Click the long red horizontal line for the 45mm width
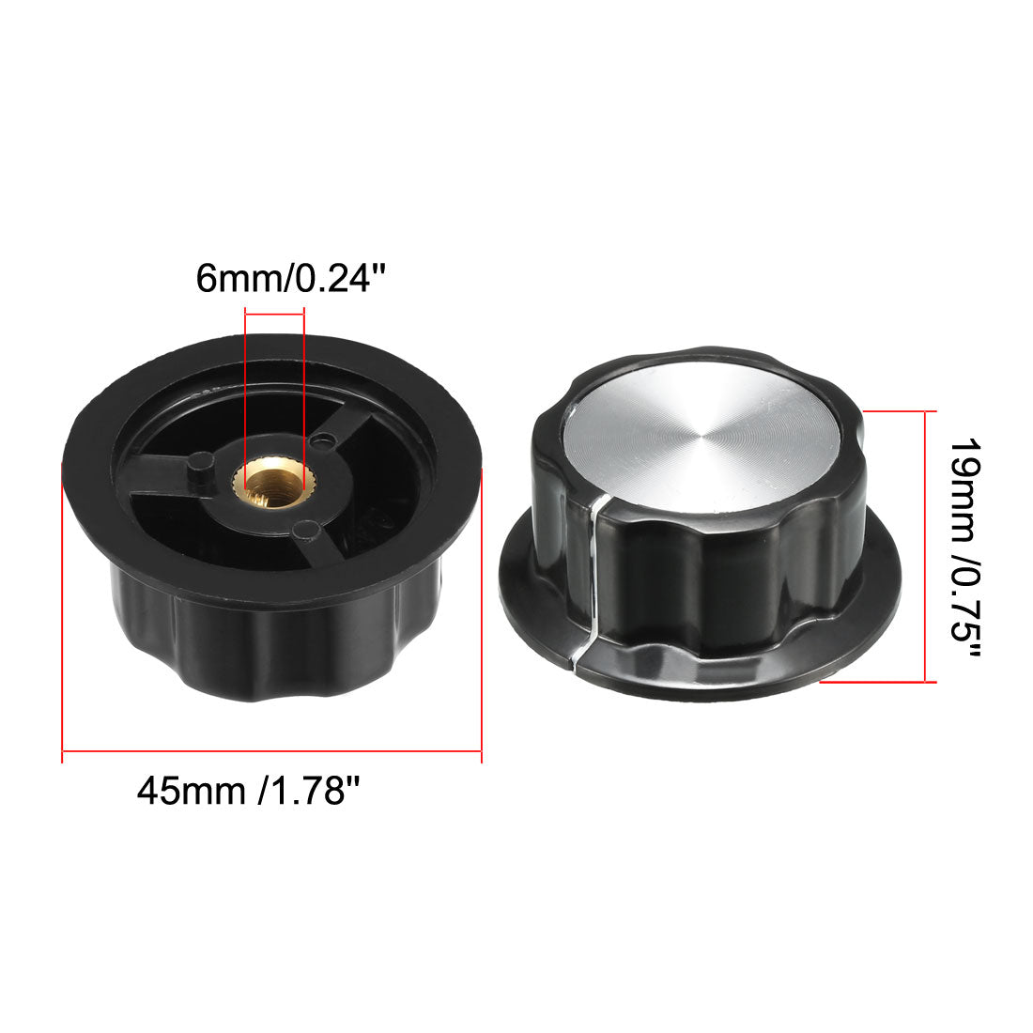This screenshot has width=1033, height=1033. point(272,751)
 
